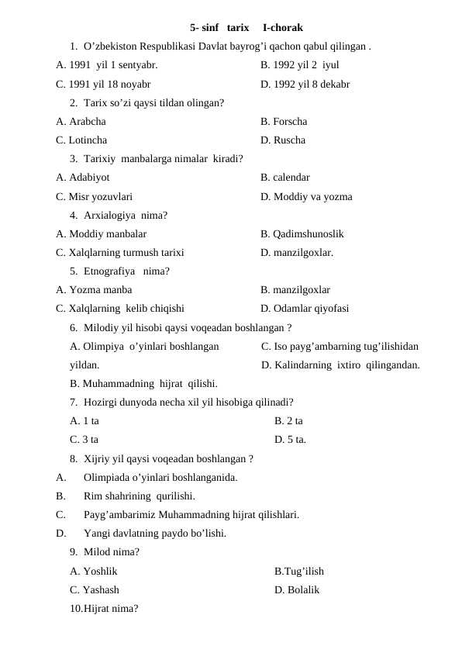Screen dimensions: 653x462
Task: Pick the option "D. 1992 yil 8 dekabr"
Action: coord(305,84)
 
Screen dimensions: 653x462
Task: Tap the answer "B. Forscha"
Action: coord(284,122)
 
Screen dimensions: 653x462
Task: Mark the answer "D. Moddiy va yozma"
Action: coord(306,196)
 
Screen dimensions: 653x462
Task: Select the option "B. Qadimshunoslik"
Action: coord(302,233)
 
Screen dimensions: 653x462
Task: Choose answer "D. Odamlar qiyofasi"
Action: coord(305,308)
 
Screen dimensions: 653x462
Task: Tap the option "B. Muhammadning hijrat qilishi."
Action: coord(143,383)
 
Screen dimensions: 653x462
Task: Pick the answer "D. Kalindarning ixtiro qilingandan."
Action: coord(341,365)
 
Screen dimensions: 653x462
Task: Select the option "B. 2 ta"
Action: coord(288,421)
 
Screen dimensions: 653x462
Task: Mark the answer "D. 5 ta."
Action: coord(290,440)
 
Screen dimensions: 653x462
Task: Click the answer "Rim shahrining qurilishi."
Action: coord(139,496)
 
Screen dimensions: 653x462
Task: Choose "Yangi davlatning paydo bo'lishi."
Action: coord(155,533)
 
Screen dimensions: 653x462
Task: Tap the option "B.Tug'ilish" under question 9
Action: coord(299,572)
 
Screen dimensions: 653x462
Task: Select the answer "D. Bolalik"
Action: coord(297,590)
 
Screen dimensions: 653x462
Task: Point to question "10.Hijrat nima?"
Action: coord(104,609)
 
